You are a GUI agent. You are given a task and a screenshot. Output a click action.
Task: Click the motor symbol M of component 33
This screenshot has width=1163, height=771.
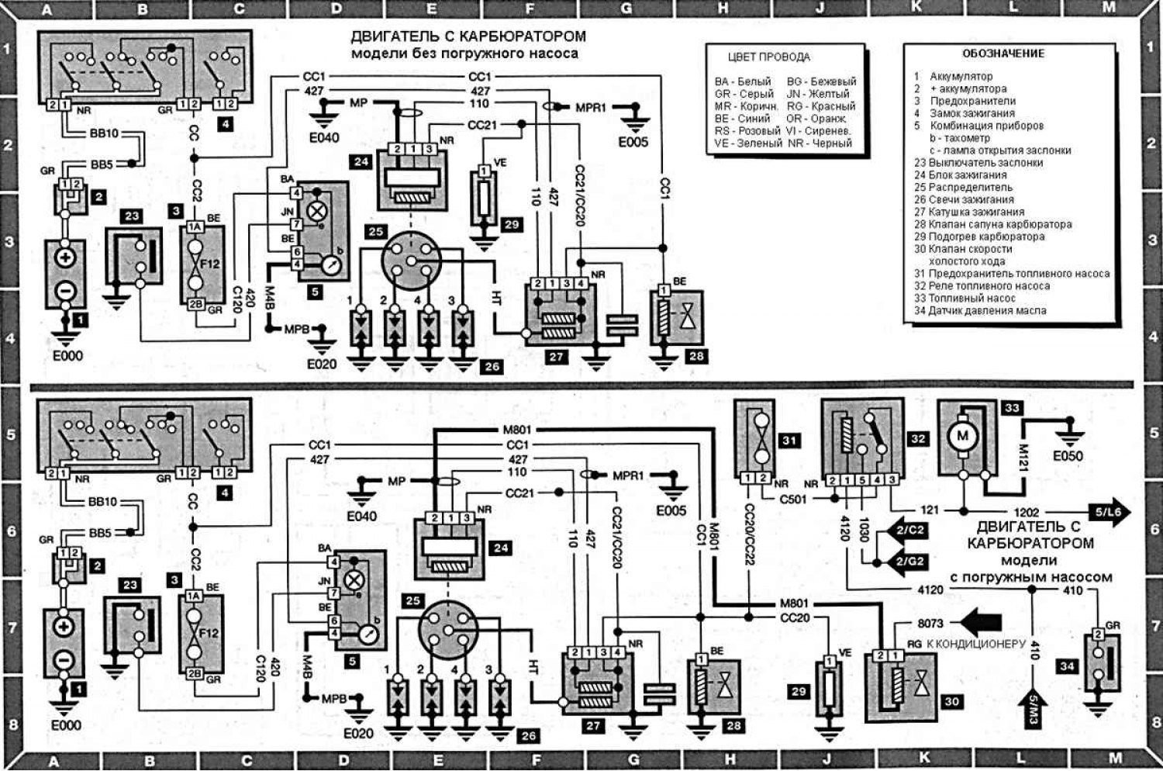963,436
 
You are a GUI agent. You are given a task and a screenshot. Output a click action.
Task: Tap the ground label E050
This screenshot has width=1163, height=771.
1068,456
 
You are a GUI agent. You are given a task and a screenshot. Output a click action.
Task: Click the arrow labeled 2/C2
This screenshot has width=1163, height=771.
909,531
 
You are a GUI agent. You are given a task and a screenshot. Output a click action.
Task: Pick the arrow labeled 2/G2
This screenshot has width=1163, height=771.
909,561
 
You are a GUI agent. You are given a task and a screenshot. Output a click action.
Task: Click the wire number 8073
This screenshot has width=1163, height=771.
930,622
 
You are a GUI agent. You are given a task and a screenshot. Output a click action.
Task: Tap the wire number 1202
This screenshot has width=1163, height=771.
1027,513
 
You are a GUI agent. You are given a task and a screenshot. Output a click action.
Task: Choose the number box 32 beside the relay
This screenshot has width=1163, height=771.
918,439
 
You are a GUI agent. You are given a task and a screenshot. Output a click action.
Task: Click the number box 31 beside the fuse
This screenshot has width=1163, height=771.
789,441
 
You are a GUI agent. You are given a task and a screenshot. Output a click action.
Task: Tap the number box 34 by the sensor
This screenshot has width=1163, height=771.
1066,666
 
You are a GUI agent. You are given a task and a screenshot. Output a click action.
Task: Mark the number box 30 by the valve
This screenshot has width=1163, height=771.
951,701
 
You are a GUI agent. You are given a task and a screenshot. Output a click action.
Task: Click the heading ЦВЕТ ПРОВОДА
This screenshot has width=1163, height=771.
768,57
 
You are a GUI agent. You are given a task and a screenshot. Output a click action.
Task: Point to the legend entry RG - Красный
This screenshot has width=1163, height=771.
821,106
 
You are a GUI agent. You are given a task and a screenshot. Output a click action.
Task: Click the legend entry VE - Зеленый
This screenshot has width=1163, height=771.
748,143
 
